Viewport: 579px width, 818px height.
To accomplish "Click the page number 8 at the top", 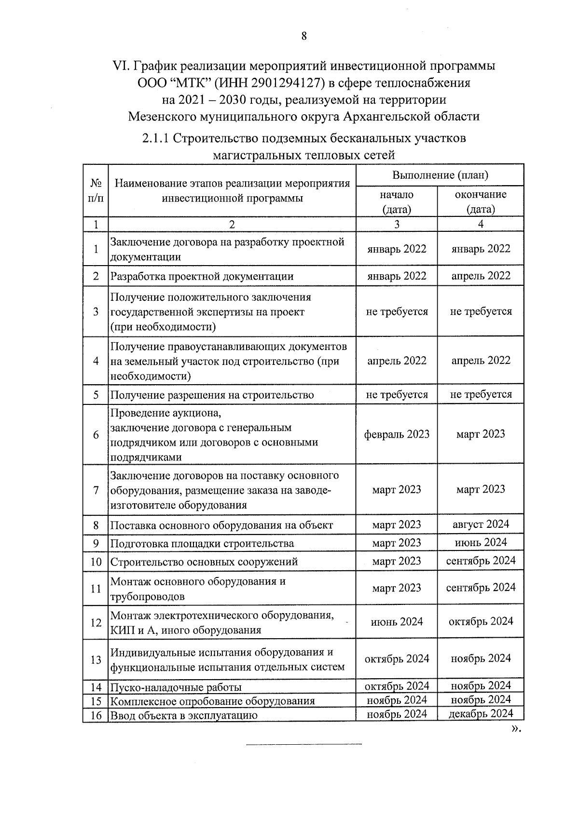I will (303, 36).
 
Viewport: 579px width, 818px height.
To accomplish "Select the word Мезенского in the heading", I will (162, 116).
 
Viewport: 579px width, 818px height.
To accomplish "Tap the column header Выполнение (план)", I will (440, 175).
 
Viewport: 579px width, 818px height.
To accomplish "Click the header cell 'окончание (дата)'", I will (480, 201).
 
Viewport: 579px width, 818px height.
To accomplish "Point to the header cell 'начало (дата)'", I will (396, 201).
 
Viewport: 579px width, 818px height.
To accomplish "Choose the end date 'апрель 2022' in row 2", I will (480, 276).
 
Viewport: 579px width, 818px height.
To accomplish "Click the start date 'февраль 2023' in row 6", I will (396, 434).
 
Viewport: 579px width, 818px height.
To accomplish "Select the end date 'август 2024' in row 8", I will (480, 524).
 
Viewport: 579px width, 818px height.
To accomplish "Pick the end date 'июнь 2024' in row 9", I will (480, 542).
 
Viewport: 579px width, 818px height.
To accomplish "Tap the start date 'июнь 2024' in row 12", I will (396, 621).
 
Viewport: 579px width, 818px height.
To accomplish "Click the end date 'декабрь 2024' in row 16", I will (480, 713).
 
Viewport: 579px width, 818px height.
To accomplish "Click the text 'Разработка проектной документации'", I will (202, 276).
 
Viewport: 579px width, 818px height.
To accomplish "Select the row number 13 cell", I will (96, 659).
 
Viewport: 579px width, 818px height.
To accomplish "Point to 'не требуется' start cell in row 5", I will (396, 394).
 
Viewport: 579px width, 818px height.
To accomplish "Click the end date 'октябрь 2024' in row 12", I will (480, 621).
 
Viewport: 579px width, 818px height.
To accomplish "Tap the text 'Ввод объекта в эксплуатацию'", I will (183, 715).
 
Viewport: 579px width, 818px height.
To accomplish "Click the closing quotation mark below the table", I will (515, 729).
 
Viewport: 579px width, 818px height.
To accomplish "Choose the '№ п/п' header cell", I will (96, 190).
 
